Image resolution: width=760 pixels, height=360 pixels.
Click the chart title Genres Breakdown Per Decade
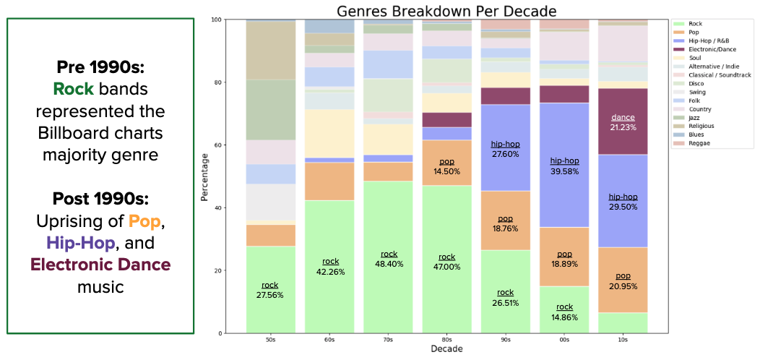point(446,11)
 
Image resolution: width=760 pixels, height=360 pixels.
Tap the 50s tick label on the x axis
point(270,339)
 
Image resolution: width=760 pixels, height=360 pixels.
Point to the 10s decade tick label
point(622,339)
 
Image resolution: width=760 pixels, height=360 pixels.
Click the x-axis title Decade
point(446,349)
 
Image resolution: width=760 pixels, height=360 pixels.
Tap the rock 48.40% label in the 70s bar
point(389,259)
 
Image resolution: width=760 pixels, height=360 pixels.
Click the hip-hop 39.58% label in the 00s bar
point(564,166)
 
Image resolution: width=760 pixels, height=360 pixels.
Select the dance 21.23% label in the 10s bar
point(623,122)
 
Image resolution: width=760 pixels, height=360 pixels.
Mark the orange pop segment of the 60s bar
point(329,181)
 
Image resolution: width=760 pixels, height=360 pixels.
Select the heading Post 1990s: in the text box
point(100,198)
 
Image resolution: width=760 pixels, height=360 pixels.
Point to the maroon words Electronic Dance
point(100,264)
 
